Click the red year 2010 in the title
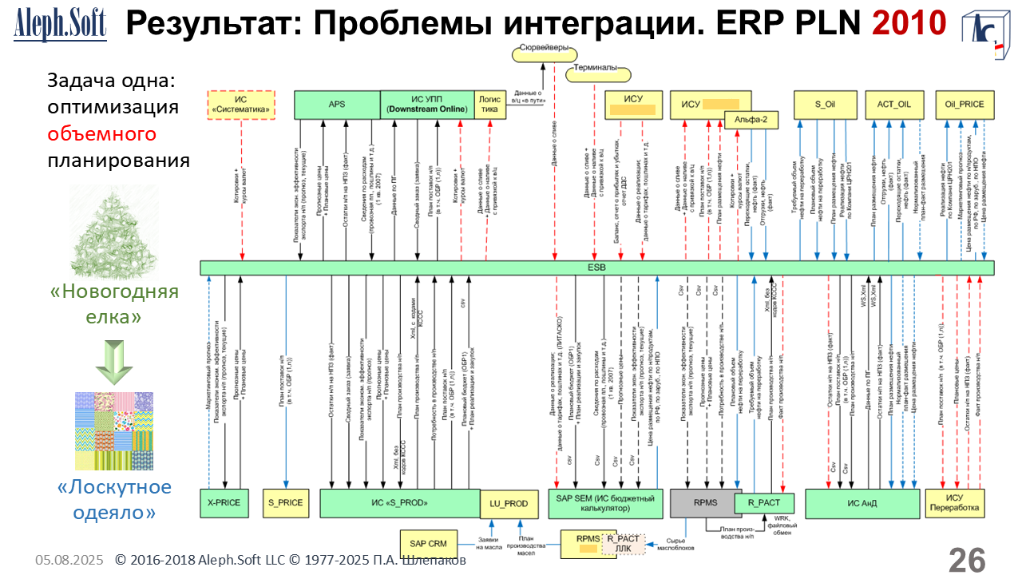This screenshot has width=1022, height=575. (909, 23)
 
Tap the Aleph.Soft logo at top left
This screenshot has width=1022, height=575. (60, 26)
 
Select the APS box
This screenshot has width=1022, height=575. (336, 105)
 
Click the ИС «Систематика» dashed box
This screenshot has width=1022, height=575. (242, 105)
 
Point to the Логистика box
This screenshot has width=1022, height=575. (490, 105)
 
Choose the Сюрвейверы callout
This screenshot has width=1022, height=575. (543, 49)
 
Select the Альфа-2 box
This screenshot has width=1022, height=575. (751, 119)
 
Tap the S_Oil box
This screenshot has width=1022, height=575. (823, 105)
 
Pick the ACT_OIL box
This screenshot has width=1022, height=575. (893, 105)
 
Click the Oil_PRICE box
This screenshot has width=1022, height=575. (965, 105)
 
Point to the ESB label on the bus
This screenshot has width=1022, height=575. (596, 268)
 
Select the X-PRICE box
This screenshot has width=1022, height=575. (224, 503)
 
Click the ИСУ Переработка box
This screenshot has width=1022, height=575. (954, 504)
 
